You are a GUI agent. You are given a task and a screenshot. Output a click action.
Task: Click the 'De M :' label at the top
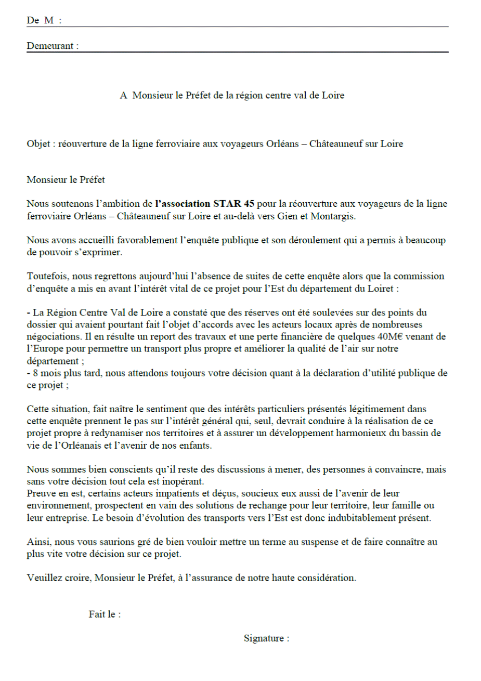[x=44, y=20]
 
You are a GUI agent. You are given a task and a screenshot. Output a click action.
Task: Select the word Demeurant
[x=50, y=46]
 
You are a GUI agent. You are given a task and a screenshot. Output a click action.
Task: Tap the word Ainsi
[x=38, y=542]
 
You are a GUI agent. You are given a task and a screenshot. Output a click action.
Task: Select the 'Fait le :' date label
[x=105, y=614]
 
